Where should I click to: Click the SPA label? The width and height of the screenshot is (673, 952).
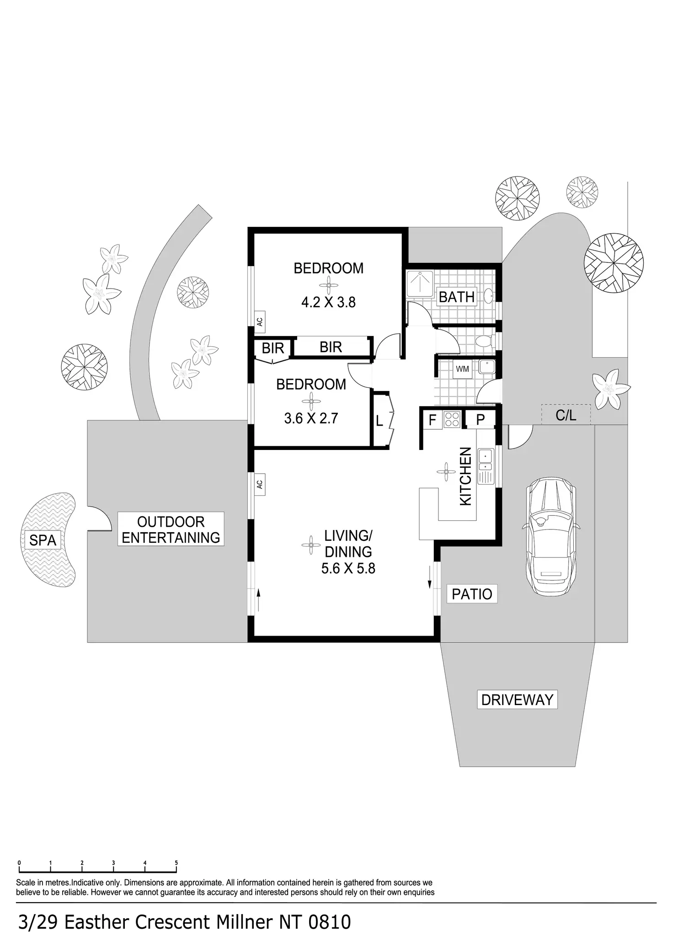coord(43,540)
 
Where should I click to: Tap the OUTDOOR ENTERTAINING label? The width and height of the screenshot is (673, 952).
coord(171,529)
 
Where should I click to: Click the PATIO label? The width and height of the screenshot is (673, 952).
coord(472,594)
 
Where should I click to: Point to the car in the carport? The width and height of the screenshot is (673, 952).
coord(550,536)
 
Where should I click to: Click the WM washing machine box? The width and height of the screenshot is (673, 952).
coord(462,369)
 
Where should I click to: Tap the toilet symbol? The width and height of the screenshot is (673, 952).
coord(484,341)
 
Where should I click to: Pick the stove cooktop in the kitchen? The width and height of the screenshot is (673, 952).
coord(452,419)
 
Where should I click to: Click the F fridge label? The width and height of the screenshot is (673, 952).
coord(432,420)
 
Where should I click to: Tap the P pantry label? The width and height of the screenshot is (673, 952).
coord(480,420)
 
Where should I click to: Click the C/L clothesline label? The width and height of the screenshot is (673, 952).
coord(566,415)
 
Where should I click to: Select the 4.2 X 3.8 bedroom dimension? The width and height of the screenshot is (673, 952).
coord(328,302)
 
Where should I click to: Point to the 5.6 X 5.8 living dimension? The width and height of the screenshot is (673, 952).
coord(348,568)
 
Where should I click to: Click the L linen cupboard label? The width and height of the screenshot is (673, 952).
coord(379,421)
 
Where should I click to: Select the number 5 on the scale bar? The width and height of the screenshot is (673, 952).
coord(176,863)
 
